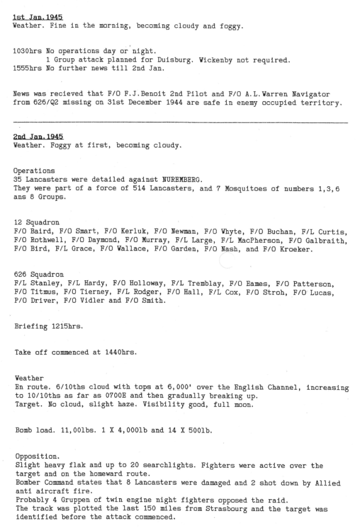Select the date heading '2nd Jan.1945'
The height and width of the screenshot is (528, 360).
pyautogui.click(x=38, y=137)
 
